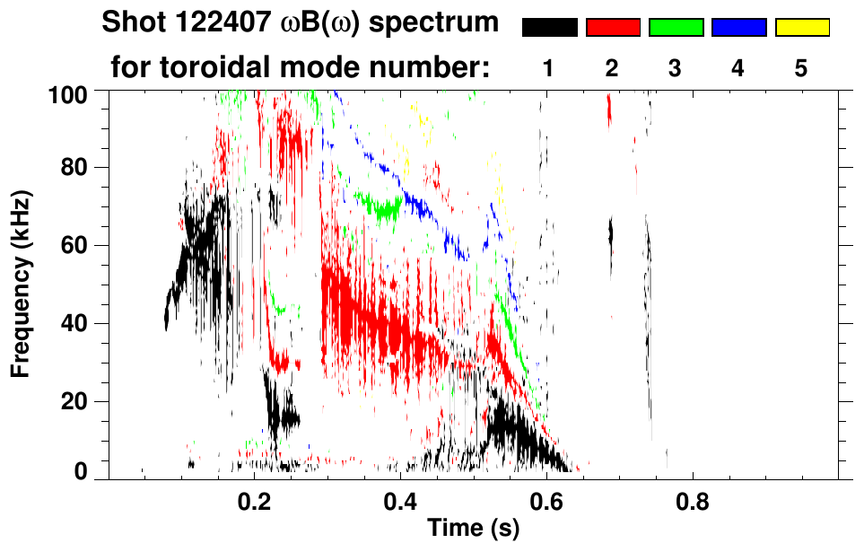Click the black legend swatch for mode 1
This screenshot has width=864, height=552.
tap(549, 28)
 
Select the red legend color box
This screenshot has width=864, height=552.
tap(613, 28)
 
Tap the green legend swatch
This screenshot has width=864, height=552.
tap(676, 28)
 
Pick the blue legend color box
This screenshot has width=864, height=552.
tap(738, 28)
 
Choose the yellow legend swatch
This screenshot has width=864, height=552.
tap(802, 28)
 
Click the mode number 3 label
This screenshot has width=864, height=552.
tap(675, 69)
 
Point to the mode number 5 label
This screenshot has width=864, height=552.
tap(801, 69)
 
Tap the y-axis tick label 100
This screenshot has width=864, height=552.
tap(74, 93)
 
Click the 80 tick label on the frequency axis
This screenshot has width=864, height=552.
tap(81, 168)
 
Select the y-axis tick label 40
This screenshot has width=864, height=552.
tap(81, 323)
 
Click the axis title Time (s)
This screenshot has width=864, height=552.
tap(473, 530)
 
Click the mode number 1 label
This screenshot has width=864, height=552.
tap(549, 69)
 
